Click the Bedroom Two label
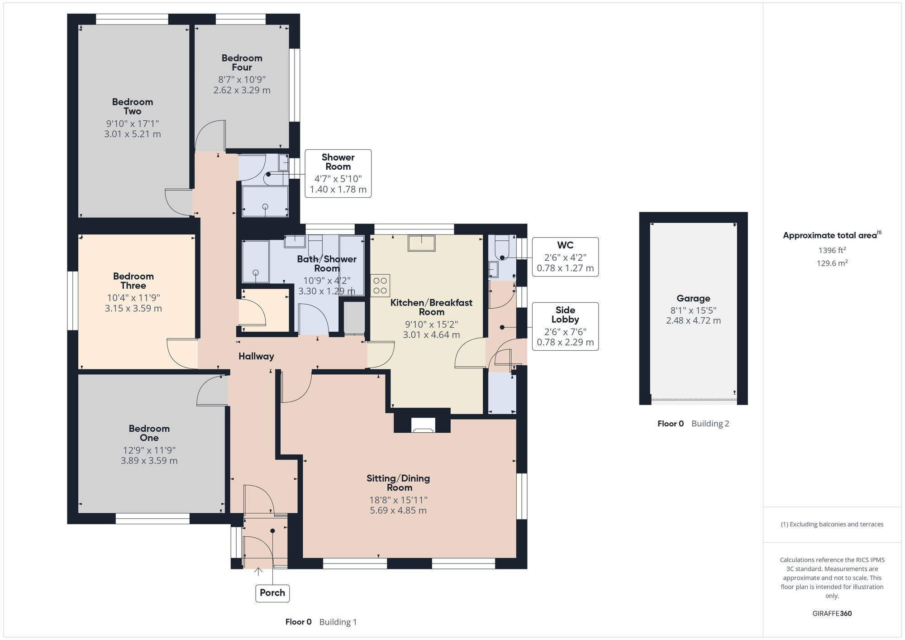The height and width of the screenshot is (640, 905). tap(132, 106)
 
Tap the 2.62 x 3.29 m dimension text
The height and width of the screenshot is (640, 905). tap(242, 90)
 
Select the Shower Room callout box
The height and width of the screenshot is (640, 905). tap(338, 173)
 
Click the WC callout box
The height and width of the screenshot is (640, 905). tap(565, 257)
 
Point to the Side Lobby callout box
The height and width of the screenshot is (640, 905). tap(565, 326)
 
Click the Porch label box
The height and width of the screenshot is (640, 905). tap(272, 592)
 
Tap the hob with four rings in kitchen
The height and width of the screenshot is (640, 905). tap(380, 286)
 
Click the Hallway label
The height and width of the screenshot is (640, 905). tap(256, 356)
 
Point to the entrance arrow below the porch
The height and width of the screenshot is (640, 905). tap(258, 572)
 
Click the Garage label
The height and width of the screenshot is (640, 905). tap(693, 298)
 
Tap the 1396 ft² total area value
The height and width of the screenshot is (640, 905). tap(832, 250)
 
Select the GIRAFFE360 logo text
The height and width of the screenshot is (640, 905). tap(832, 613)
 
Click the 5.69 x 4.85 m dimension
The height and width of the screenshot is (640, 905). tap(398, 510)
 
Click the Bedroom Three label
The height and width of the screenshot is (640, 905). tap(133, 281)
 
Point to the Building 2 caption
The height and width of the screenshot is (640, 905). tap(710, 424)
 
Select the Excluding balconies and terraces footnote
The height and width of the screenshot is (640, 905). tap(832, 524)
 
